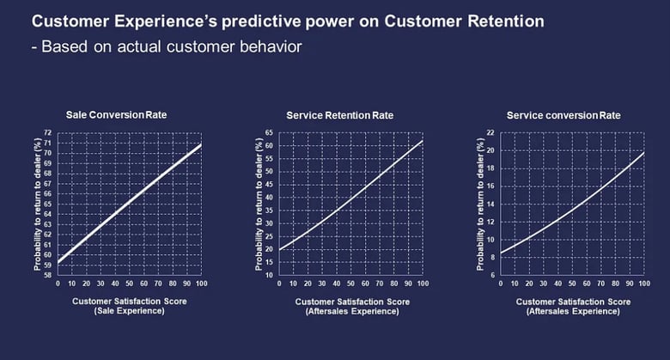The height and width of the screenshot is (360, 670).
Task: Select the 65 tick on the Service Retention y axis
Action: point(269,133)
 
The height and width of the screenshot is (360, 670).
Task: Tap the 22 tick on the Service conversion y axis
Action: point(490,133)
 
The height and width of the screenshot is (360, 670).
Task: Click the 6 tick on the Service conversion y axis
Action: point(492,275)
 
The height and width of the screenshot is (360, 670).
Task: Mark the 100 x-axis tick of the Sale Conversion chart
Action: point(200,283)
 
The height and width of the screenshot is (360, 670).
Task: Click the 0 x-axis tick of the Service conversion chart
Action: point(501,283)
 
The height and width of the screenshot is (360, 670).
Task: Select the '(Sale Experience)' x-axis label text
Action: point(129,310)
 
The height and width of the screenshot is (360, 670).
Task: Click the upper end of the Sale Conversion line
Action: point(201,144)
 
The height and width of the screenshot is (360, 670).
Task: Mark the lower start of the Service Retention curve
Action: point(280,249)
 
